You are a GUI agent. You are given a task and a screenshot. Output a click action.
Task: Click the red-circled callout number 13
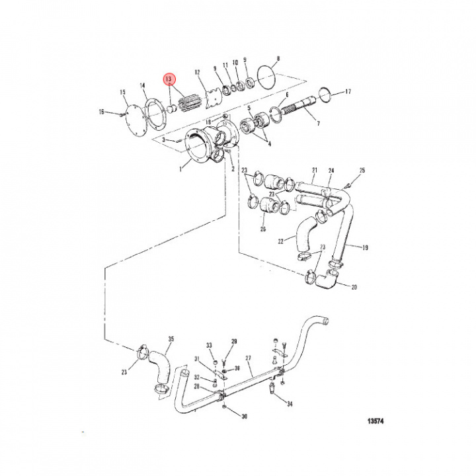pyautogui.click(x=170, y=79)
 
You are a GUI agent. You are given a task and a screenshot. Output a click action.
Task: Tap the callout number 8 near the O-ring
pyautogui.click(x=278, y=59)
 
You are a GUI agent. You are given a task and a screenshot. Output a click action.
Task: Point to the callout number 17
pyautogui.click(x=348, y=91)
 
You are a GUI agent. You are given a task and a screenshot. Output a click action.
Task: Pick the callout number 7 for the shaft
pyautogui.click(x=317, y=123)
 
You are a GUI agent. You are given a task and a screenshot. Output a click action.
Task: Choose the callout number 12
pyautogui.click(x=197, y=72)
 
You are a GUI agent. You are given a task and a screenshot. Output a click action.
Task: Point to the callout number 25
pyautogui.click(x=362, y=171)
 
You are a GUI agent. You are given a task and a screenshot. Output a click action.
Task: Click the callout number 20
pyautogui.click(x=354, y=288)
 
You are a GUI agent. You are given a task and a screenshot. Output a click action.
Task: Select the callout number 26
pyautogui.click(x=263, y=229)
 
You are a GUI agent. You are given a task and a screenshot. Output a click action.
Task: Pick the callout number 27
pyautogui.click(x=249, y=358)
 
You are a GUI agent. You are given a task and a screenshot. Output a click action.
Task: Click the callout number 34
pyautogui.click(x=288, y=403)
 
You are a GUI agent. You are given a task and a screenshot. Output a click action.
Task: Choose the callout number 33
pyautogui.click(x=209, y=346)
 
